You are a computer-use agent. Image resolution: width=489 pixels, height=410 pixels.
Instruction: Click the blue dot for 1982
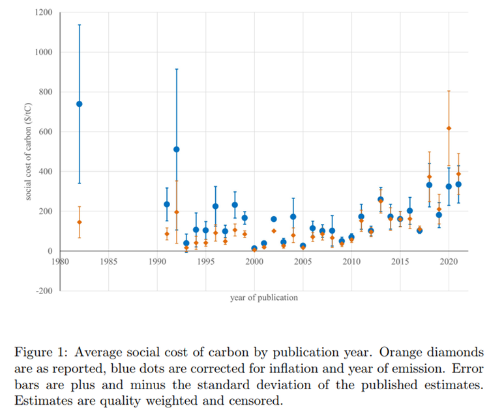click(x=80, y=104)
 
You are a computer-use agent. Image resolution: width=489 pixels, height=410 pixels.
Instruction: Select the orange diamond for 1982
click(x=80, y=222)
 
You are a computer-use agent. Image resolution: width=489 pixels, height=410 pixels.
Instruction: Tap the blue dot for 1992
click(x=177, y=150)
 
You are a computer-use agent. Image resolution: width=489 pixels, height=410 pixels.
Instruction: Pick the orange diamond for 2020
click(x=449, y=128)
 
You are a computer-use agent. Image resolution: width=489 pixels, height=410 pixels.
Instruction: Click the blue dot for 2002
click(x=274, y=219)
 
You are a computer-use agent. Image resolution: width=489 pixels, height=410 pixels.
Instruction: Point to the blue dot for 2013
click(x=381, y=200)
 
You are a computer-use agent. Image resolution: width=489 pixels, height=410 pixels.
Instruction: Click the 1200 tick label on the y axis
click(x=44, y=12)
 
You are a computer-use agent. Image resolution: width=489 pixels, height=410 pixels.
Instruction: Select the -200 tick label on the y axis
click(x=44, y=291)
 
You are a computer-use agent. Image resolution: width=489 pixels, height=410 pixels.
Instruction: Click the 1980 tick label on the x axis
click(x=60, y=262)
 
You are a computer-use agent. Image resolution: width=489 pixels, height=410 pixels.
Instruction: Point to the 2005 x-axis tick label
click(x=303, y=262)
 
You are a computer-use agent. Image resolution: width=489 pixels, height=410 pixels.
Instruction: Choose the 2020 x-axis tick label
click(x=449, y=262)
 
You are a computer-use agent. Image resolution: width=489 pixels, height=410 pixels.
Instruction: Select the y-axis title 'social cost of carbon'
click(x=29, y=152)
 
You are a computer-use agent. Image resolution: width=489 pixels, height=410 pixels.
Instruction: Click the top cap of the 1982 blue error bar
click(x=80, y=25)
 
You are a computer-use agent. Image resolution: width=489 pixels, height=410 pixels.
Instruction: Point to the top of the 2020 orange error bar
click(x=449, y=90)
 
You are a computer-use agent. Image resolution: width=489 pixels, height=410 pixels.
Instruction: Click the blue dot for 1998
click(x=235, y=205)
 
